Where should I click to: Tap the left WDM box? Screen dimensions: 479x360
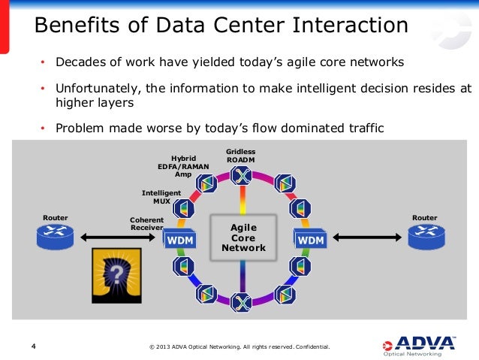[179, 239]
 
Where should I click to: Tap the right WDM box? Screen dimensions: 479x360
[311, 239]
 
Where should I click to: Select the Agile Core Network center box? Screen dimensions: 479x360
[239, 237]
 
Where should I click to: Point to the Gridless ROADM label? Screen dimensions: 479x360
[239, 156]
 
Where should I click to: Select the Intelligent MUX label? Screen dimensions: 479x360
[161, 196]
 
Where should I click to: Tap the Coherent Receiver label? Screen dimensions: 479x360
[146, 223]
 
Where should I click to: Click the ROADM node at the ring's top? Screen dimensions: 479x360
[240, 176]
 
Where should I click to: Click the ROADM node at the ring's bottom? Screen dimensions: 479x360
[240, 302]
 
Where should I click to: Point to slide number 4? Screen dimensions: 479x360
[33, 346]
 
